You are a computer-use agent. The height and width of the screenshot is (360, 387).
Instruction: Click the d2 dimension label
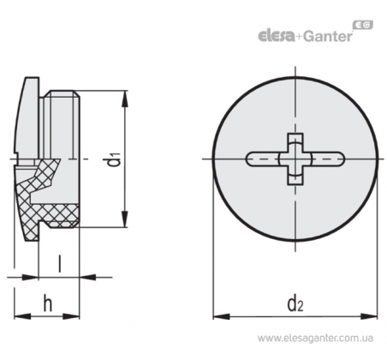[x=295, y=303]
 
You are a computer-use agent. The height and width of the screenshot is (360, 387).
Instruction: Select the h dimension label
[x=48, y=303]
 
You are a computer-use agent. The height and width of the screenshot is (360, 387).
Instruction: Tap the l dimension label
[x=59, y=263]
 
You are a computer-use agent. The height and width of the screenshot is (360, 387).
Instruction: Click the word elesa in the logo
[x=277, y=36]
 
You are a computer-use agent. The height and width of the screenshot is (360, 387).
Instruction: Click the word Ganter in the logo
[x=327, y=36]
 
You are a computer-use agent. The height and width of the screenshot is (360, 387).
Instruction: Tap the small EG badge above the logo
[x=363, y=25]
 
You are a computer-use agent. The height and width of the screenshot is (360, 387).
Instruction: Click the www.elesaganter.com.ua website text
[x=315, y=339]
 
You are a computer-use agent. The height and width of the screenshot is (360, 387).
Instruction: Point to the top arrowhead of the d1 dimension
[x=124, y=99]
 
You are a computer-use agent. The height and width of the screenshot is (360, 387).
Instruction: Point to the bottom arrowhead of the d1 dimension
[x=124, y=219]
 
